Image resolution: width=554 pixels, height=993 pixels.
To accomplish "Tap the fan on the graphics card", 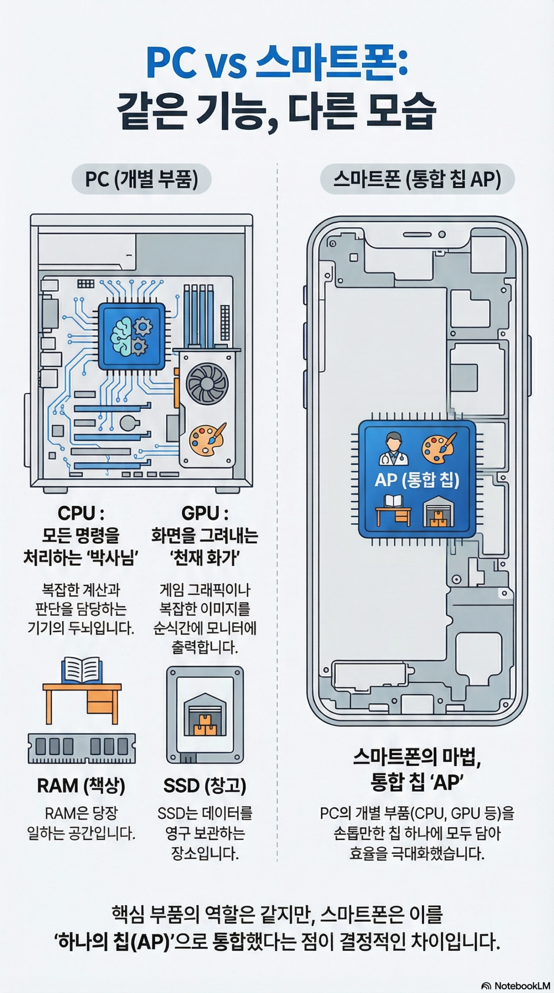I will (207, 384).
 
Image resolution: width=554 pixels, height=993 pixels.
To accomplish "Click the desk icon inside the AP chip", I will (393, 510).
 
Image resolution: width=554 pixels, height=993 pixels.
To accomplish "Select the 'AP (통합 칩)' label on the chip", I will (417, 481).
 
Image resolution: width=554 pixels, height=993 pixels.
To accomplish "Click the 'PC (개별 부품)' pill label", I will (142, 180).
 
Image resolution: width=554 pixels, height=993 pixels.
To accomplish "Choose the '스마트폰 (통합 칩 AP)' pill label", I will (417, 180).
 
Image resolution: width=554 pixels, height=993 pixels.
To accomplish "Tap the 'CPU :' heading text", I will (81, 514).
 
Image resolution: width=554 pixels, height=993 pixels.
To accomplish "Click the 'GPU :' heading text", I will (205, 514).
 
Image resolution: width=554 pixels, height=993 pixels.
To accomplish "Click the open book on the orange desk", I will (82, 670).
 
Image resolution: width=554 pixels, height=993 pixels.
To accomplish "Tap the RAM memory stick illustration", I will (82, 748).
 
